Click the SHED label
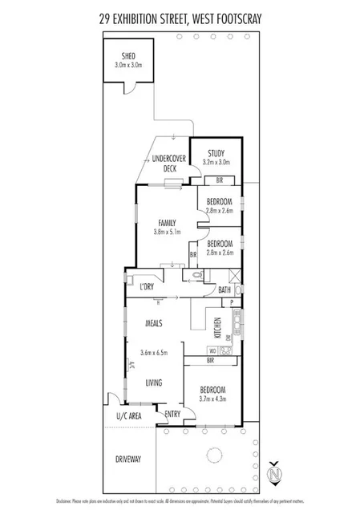[128, 56]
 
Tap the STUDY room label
[216, 152]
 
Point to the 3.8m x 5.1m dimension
[167, 233]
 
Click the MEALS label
[155, 323]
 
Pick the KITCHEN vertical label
[217, 329]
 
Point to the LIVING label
[155, 382]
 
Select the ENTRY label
[172, 414]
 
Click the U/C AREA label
[129, 415]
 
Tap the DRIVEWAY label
[127, 459]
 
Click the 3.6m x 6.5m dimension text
[156, 353]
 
